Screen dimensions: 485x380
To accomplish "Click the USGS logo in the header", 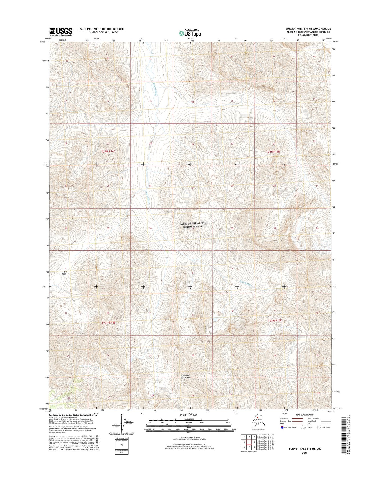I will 61,32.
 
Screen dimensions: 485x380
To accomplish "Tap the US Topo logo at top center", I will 190,33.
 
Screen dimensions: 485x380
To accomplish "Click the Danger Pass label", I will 64,273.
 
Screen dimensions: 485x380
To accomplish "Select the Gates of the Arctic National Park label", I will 193,225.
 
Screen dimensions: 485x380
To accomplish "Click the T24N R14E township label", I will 108,152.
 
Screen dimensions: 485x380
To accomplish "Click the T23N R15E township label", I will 275,321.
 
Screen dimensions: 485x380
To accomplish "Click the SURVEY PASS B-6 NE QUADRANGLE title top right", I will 304,29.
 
